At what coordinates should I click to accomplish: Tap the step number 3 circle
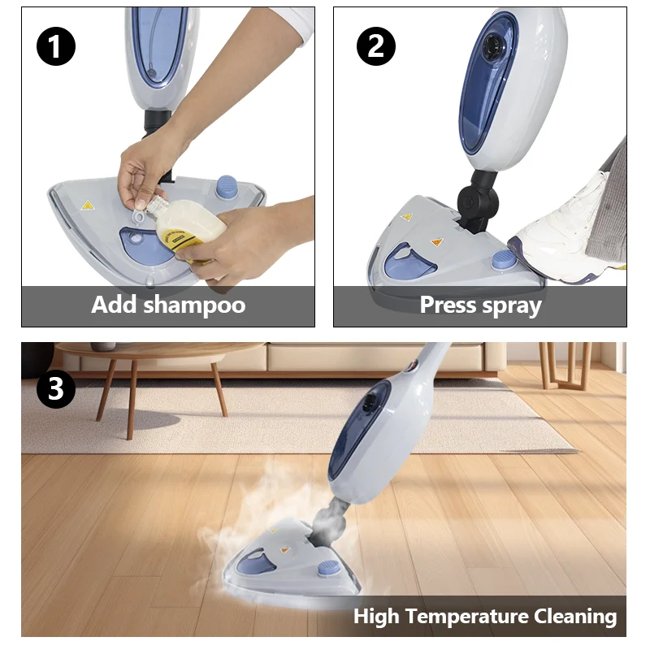pos(55,389)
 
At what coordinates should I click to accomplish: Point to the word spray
pos(513,305)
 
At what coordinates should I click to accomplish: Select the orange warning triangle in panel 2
pos(435,241)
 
